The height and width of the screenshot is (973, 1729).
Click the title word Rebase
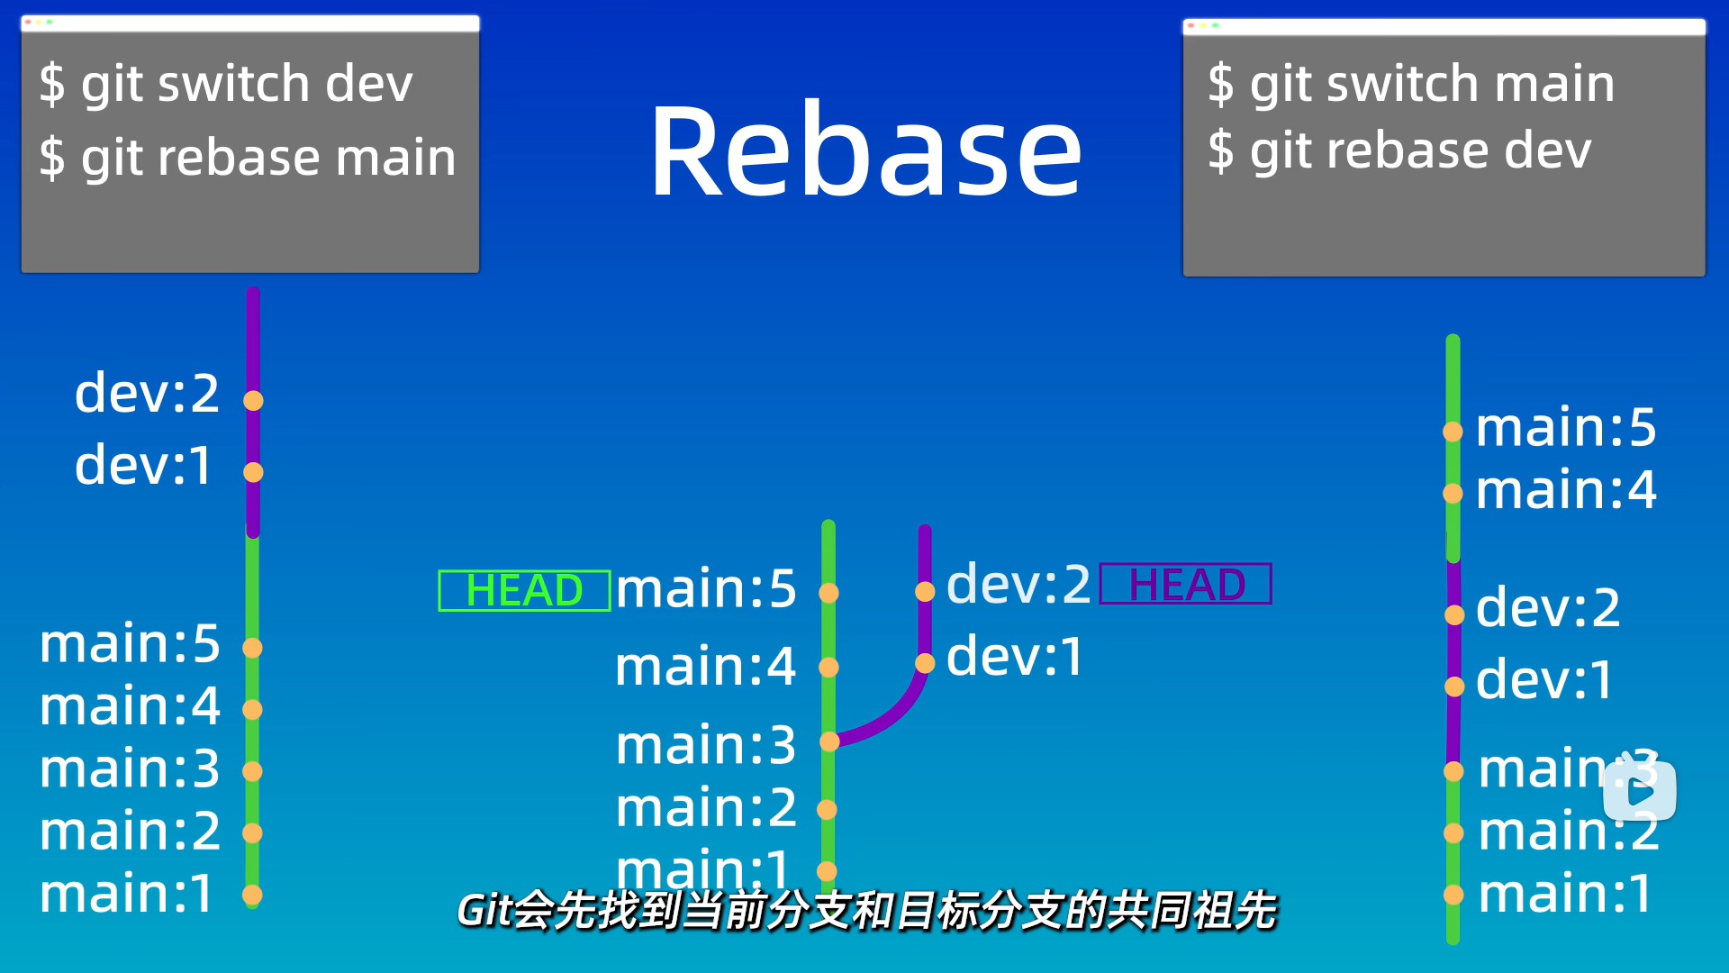[864, 151]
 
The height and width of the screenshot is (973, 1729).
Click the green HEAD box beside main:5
[524, 591]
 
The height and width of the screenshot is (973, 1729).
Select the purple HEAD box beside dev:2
[1186, 584]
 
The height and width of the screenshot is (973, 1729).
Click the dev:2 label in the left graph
[147, 393]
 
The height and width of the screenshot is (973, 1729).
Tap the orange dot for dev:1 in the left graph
[253, 472]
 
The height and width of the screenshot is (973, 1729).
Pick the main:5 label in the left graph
[130, 643]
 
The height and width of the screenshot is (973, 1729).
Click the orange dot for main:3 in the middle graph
[829, 741]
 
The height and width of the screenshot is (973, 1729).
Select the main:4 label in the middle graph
[705, 667]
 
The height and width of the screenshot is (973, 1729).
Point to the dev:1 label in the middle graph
[1015, 656]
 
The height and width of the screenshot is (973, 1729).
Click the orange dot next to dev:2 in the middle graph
[925, 592]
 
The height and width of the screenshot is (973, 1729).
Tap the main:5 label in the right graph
[1566, 427]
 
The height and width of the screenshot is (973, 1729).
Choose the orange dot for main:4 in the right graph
[1453, 494]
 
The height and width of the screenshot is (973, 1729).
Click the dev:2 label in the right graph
[1548, 607]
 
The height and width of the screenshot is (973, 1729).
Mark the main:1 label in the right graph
[1565, 894]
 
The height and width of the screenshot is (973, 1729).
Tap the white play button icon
[1640, 791]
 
